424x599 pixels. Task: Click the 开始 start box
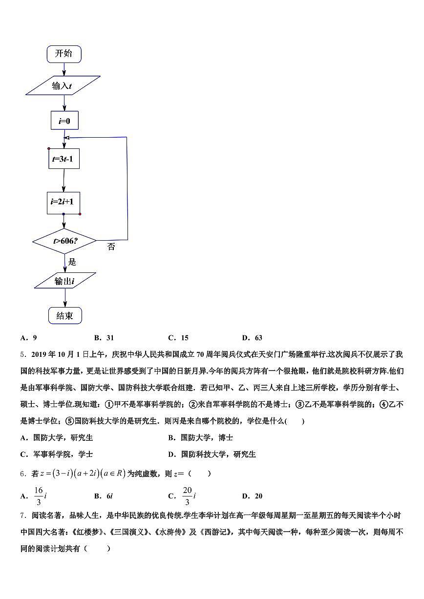point(64,54)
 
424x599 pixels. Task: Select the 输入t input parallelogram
point(63,86)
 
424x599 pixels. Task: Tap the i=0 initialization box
point(64,120)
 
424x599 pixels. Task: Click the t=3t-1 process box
point(64,159)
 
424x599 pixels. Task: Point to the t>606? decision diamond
point(64,241)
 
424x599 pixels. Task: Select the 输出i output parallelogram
point(65,281)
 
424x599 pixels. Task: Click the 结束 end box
point(65,316)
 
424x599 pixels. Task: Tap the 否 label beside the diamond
point(111,247)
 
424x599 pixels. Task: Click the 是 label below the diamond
point(72,262)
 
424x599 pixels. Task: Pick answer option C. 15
point(178,338)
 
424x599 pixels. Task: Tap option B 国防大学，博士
point(200,438)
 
